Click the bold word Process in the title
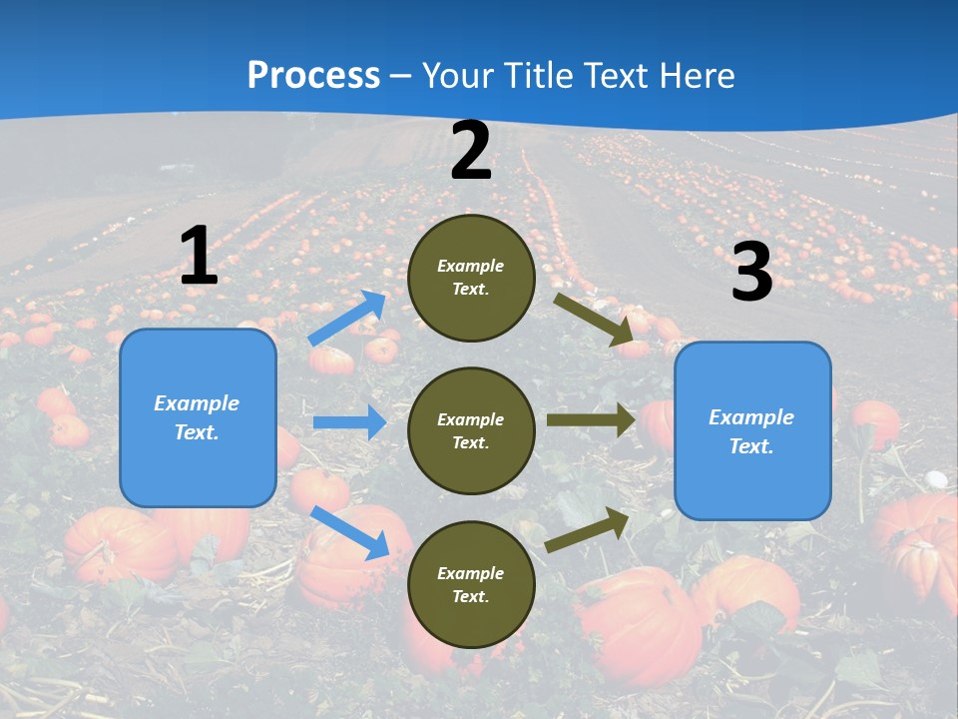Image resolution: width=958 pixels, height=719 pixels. click(313, 76)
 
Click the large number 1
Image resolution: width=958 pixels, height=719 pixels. click(199, 256)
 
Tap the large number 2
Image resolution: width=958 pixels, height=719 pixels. click(471, 152)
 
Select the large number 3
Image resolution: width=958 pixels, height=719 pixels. click(751, 273)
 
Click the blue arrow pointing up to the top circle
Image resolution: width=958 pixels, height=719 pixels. click(347, 318)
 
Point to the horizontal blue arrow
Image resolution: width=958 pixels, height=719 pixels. click(349, 422)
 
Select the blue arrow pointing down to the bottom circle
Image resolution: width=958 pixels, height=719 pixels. click(350, 532)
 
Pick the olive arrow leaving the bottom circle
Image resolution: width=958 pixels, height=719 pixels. click(588, 529)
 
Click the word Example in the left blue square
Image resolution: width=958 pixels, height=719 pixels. click(197, 403)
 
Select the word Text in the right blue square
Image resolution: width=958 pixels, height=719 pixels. click(751, 446)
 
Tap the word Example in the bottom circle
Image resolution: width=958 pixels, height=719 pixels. click(471, 573)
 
